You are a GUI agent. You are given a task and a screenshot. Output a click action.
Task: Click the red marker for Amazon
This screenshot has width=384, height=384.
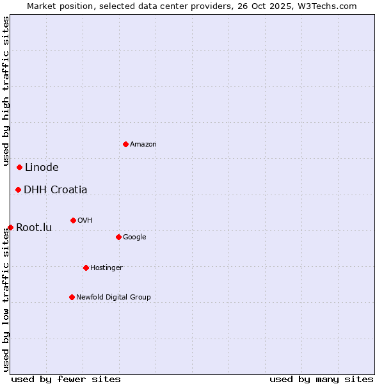tap(125, 144)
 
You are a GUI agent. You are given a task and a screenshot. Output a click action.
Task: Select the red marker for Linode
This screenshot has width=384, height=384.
tap(19, 168)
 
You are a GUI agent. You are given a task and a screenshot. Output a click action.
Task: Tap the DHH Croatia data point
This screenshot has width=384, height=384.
tap(18, 189)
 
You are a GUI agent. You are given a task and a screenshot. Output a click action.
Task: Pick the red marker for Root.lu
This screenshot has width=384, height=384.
tap(10, 227)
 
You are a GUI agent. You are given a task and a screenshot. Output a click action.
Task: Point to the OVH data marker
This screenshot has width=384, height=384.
tap(73, 220)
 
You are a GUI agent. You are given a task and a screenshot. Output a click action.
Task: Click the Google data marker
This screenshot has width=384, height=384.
tap(118, 237)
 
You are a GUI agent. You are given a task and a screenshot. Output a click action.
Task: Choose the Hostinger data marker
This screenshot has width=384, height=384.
tap(86, 268)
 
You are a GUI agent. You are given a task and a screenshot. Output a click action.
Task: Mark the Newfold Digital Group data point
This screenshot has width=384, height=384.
tap(72, 297)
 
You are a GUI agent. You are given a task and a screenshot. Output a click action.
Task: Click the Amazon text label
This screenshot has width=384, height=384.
tap(143, 145)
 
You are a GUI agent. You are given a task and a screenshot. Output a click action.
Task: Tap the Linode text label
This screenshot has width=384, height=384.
tap(42, 168)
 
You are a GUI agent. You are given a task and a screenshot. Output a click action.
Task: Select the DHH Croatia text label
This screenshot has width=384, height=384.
tap(56, 189)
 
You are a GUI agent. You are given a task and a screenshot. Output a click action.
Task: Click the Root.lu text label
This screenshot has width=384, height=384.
tap(34, 227)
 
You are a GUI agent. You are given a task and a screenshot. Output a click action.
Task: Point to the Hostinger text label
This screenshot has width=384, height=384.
tap(106, 268)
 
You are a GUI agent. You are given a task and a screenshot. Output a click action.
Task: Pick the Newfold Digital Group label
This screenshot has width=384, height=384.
tap(113, 297)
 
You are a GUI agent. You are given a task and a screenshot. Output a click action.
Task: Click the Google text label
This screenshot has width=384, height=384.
tap(134, 237)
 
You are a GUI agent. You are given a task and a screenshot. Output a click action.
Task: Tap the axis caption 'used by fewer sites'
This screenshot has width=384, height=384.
tap(66, 379)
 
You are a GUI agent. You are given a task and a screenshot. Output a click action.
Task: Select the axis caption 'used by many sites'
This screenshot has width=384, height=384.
tap(321, 379)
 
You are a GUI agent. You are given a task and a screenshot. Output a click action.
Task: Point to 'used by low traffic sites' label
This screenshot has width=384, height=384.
tap(6, 300)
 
